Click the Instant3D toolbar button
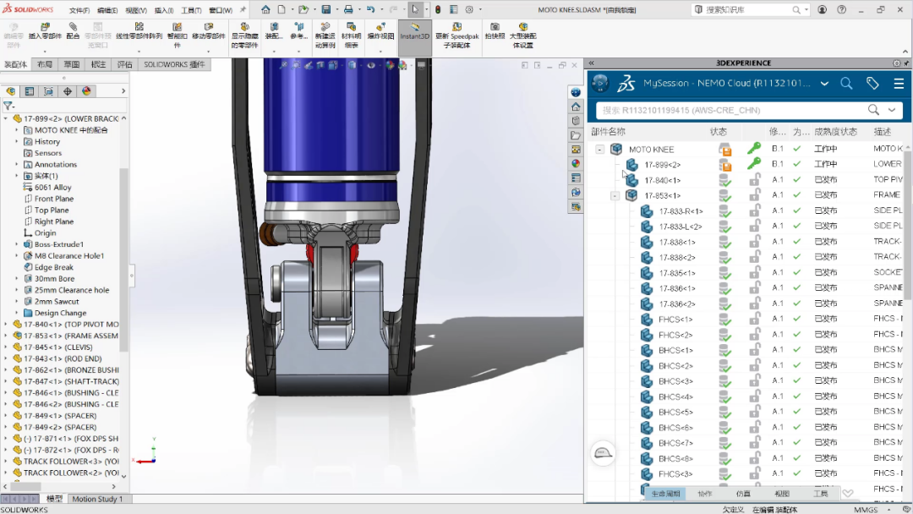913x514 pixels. [x=414, y=37]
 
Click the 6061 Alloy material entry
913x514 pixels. [x=52, y=187]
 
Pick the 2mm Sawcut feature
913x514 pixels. [x=57, y=301]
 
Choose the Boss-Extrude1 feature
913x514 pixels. [x=59, y=244]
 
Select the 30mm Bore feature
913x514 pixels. [x=54, y=278]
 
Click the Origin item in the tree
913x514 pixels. [x=46, y=232]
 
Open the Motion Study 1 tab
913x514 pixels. [x=97, y=499]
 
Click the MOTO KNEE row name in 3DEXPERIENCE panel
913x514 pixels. [x=651, y=149]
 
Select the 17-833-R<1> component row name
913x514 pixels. [x=681, y=211]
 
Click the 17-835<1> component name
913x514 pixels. [x=677, y=273]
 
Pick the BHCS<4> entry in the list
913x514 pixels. [x=675, y=396]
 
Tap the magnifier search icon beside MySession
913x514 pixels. [x=846, y=83]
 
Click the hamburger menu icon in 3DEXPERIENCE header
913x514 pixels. [x=898, y=83]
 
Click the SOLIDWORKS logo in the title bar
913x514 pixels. [x=28, y=9]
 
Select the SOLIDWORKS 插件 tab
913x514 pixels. [x=174, y=64]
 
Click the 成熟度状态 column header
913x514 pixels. [x=835, y=132]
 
